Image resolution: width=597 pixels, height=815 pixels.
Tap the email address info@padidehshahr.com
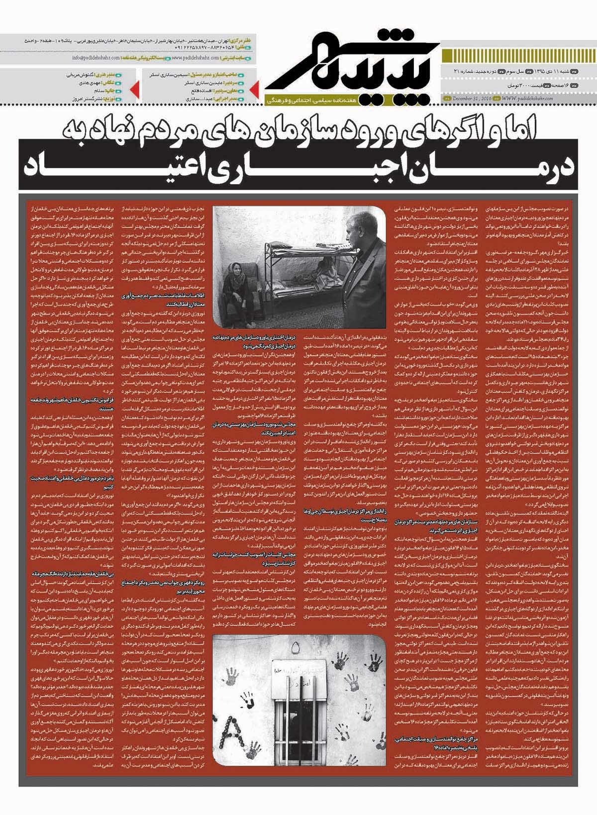97,58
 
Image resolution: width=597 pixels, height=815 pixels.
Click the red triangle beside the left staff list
134,88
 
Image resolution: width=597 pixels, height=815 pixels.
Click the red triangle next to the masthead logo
253,88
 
